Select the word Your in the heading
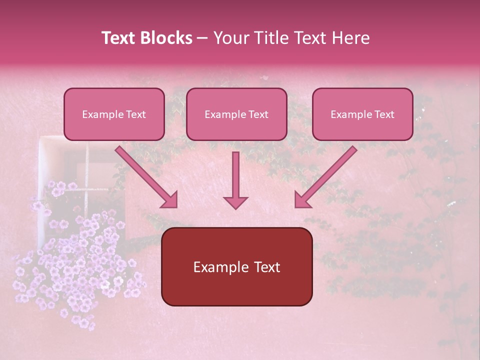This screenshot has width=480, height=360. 232,38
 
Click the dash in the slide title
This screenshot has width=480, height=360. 202,38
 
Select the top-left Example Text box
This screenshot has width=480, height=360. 114,114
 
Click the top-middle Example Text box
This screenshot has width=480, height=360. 236,114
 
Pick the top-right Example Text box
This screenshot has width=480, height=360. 362,114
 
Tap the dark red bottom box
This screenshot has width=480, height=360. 236,266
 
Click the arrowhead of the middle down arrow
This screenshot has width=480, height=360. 235,202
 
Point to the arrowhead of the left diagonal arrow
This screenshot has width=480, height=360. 170,200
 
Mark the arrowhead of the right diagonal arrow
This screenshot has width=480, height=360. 302,200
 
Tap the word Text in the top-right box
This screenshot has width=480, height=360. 383,114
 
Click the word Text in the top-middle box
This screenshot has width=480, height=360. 257,114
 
